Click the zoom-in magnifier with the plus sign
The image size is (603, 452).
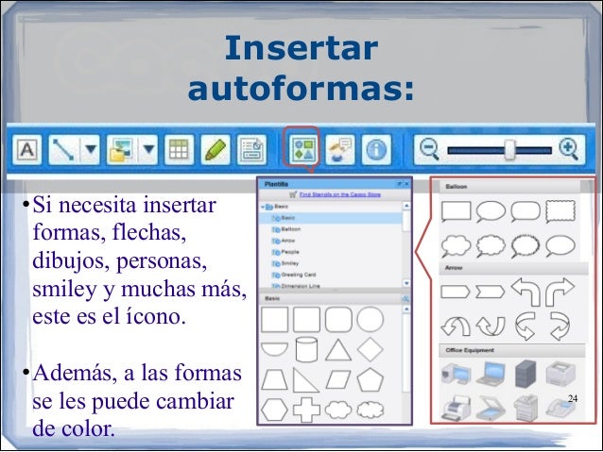568,149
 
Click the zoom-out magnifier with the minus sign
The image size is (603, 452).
430,149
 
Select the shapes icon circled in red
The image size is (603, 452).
301,150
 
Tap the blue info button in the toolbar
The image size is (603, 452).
378,150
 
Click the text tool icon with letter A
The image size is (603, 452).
27,149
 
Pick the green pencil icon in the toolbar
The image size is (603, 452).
215,149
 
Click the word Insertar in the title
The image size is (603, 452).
301,49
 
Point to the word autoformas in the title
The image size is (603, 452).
301,90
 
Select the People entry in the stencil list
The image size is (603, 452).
291,251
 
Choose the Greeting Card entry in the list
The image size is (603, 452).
299,274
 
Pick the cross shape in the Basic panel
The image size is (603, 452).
306,410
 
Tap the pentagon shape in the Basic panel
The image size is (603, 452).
370,379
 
